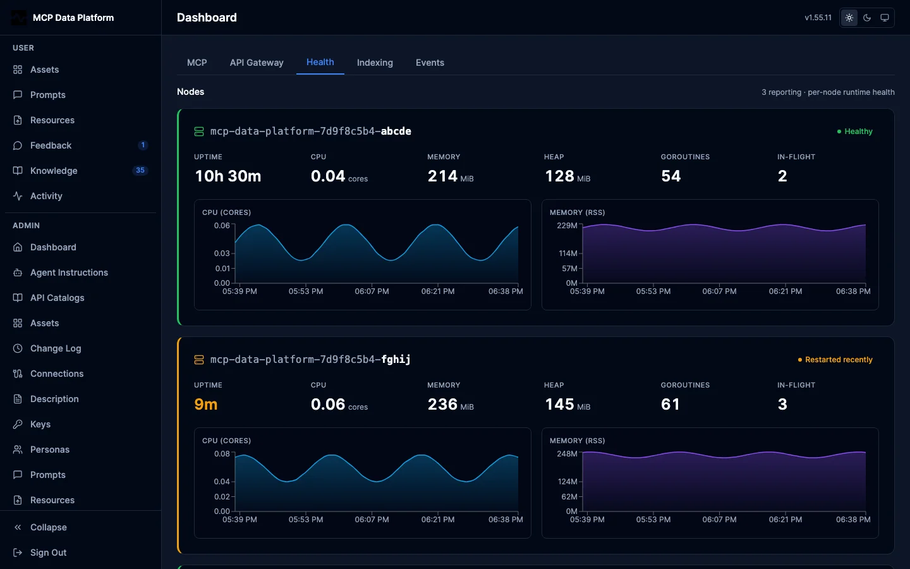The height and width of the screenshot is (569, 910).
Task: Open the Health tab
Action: pos(320,62)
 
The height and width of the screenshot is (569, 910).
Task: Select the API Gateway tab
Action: pos(257,63)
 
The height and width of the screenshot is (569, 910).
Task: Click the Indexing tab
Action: pos(375,63)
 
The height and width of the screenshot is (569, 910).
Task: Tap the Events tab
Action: pos(430,63)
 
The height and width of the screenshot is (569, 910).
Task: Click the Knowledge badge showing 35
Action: pos(140,170)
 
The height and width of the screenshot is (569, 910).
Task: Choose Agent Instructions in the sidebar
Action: pos(69,272)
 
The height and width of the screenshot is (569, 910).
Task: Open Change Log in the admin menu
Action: pos(56,348)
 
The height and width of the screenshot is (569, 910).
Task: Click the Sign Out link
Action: pos(48,553)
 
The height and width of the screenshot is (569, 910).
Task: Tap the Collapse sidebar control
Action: pos(48,527)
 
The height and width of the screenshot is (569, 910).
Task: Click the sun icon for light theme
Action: pos(849,18)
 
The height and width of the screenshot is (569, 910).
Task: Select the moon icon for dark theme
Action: pos(867,18)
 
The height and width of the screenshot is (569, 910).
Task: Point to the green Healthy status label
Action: pos(855,132)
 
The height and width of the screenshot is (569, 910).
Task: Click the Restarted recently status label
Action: pos(835,360)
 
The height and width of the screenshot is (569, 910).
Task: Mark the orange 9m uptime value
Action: pos(206,404)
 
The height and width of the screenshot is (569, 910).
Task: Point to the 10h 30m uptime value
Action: pos(228,176)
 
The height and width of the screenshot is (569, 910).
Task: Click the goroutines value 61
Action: pos(670,404)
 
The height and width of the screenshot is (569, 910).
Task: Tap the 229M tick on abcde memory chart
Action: pos(567,226)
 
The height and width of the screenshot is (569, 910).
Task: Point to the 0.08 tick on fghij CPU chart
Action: pos(222,453)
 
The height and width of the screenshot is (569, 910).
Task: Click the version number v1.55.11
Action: pos(818,18)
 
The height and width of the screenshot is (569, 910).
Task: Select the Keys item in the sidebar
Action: pos(40,424)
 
